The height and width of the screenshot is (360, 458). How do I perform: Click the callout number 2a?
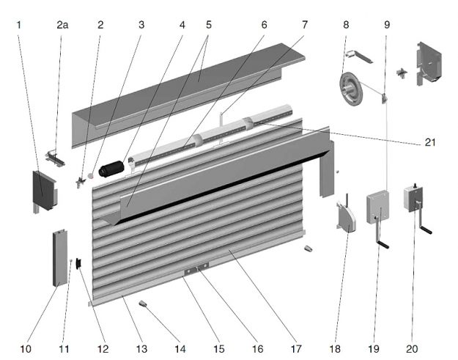point(62,25)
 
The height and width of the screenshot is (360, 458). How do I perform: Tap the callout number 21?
point(430,142)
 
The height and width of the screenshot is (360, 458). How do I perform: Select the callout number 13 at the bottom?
point(141,349)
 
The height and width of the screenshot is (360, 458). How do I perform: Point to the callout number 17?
point(296,349)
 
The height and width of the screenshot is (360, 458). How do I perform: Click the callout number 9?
point(387,25)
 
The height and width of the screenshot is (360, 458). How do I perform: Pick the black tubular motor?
point(111,169)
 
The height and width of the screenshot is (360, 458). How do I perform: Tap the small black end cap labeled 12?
point(78,263)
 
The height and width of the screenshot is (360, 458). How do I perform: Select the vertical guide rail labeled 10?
point(60,258)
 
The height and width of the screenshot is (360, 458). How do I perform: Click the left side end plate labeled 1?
point(44,191)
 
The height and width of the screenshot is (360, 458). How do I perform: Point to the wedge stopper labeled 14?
point(143,304)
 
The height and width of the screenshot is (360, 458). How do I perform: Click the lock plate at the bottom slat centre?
point(196,268)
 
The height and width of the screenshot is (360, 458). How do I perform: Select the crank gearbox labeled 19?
point(377,207)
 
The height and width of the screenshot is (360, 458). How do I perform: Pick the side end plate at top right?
point(429,63)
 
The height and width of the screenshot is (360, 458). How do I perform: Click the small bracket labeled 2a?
point(55,158)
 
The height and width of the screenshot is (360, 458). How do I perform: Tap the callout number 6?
point(264,25)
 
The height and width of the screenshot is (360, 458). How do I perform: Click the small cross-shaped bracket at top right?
point(402,73)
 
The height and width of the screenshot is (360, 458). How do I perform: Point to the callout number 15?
point(219,349)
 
